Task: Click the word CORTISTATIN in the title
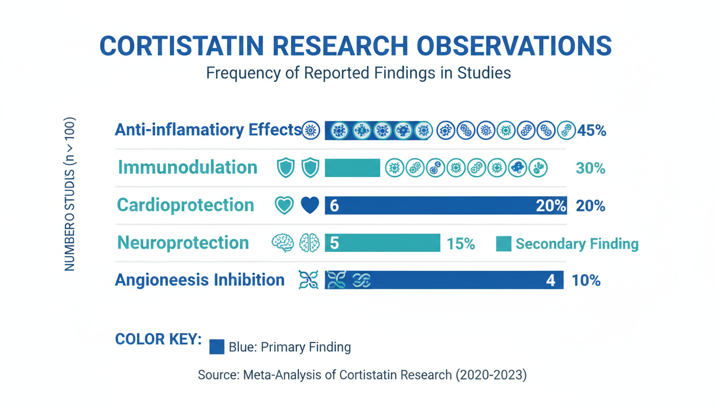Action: [x=182, y=46]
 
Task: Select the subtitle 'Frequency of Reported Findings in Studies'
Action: [x=358, y=73]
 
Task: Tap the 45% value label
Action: [x=592, y=131]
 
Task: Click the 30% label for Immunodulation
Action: [x=590, y=168]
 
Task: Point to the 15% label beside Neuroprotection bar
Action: [x=461, y=244]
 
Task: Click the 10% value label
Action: [x=586, y=280]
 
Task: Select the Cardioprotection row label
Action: [x=185, y=205]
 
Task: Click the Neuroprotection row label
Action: [x=183, y=243]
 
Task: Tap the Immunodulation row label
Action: [x=188, y=167]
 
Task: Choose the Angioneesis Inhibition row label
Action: [x=200, y=280]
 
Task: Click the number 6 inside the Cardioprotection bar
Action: [x=334, y=206]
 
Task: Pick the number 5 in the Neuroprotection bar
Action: [x=334, y=243]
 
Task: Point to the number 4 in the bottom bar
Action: [x=550, y=280]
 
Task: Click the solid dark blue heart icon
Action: [x=310, y=205]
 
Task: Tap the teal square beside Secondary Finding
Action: [x=504, y=244]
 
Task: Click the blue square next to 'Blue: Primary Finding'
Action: [x=217, y=347]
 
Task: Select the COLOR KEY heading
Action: [x=158, y=339]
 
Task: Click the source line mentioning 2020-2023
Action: [x=362, y=375]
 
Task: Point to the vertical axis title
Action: [x=69, y=194]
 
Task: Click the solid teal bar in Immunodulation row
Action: [x=353, y=168]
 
